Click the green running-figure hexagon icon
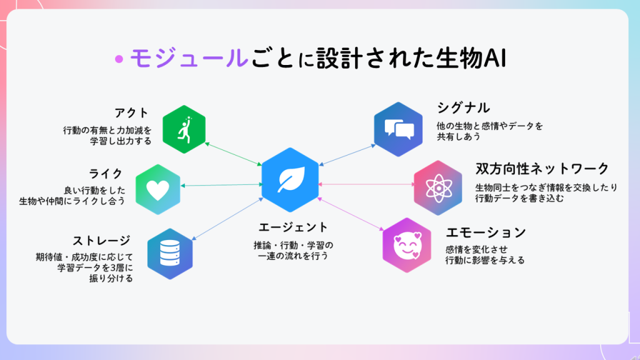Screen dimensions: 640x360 184,129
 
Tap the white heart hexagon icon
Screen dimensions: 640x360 158,189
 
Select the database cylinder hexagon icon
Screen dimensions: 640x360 170,254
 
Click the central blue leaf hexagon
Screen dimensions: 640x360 290,180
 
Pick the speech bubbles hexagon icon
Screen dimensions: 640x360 398,129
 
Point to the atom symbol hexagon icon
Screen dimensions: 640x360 438,187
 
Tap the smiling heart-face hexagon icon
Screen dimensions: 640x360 407,245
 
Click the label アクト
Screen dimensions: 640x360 131,112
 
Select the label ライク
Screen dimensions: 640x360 106,174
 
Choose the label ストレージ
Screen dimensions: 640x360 102,241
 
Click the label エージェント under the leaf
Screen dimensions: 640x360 293,227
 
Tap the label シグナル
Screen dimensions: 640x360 463,108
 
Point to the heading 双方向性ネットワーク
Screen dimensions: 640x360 542,169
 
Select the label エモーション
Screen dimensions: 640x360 486,232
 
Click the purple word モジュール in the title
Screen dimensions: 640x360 189,58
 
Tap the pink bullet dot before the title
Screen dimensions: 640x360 119,59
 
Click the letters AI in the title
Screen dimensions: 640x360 495,58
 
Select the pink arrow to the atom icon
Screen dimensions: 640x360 366,184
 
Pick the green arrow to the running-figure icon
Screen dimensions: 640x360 233,154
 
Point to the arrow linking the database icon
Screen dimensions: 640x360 227,219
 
